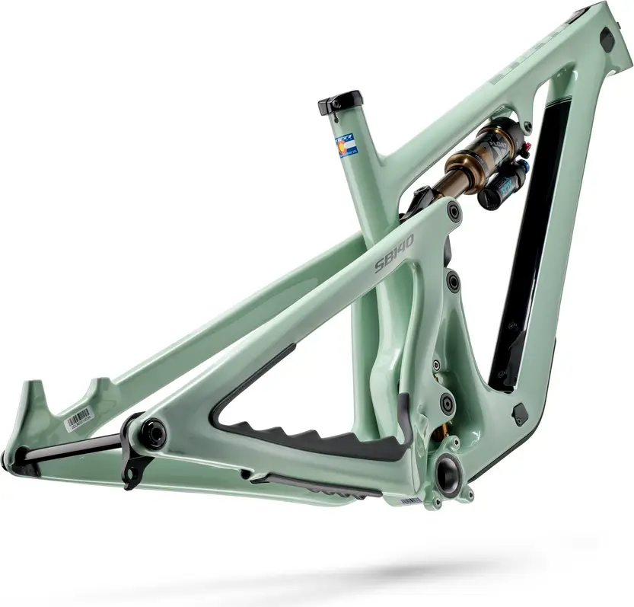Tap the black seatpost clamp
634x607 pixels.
click(x=340, y=101)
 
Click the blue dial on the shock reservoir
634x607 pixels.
click(x=510, y=181)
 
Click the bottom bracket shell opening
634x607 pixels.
click(x=447, y=475)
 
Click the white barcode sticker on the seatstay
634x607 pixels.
click(x=78, y=418)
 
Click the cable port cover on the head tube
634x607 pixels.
click(x=607, y=40)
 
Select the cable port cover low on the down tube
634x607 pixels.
click(x=520, y=414)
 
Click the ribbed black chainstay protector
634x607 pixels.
click(x=320, y=440)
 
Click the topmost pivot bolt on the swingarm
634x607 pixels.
click(x=454, y=212)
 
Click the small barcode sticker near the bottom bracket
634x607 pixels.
click(x=411, y=500)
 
